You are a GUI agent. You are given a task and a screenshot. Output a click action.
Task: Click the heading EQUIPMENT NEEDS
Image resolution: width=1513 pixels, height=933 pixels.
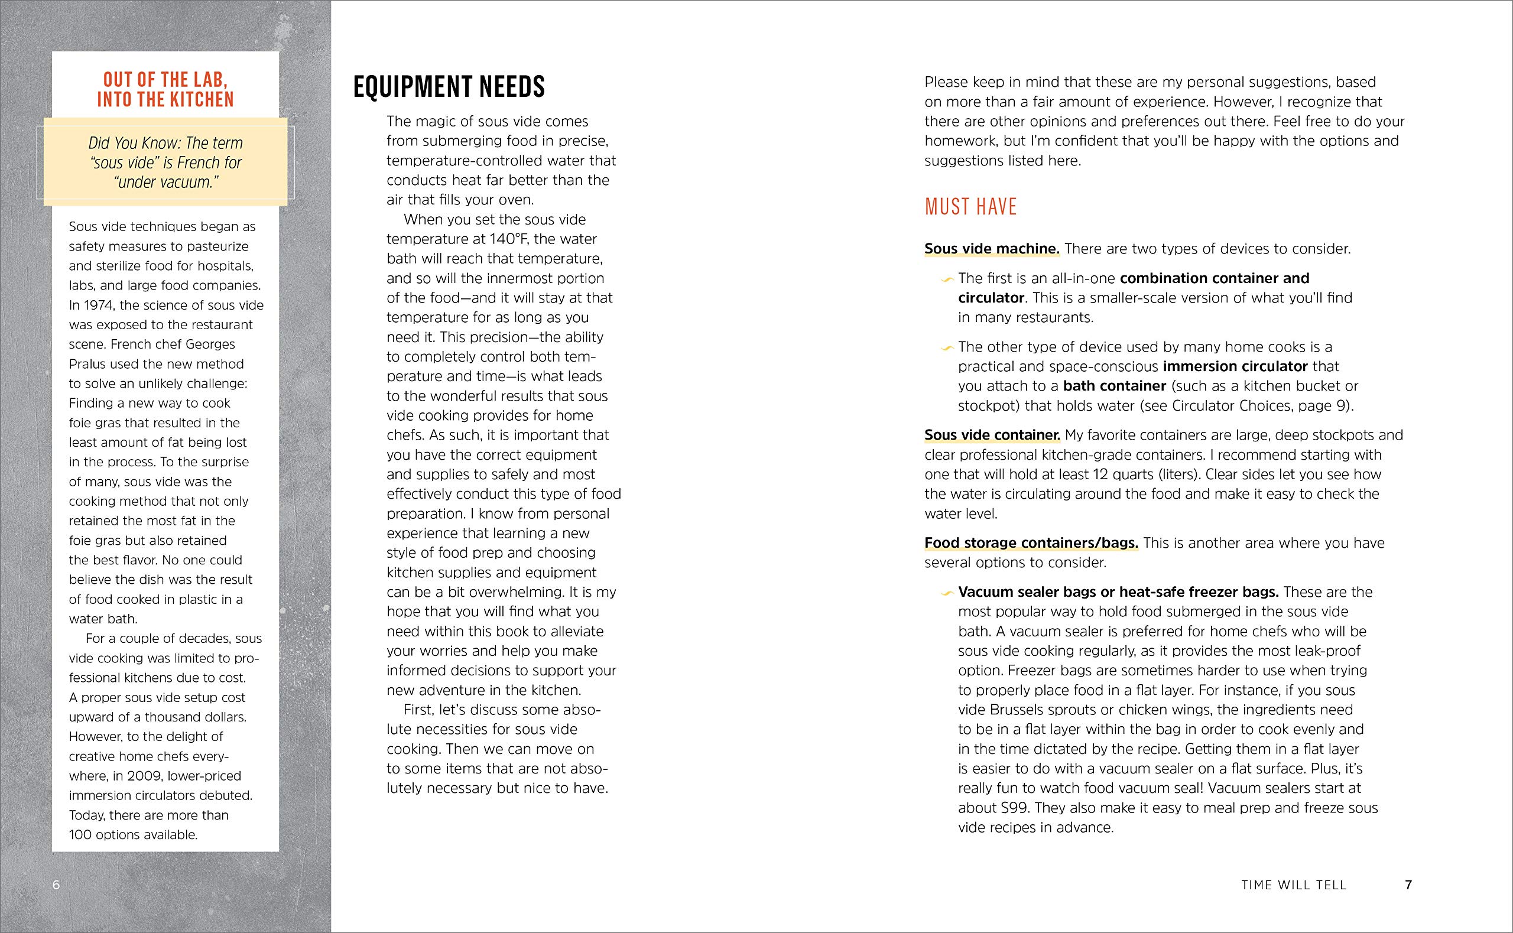click(449, 87)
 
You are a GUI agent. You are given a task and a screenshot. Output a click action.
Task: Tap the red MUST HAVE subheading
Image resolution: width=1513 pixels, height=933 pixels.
click(970, 207)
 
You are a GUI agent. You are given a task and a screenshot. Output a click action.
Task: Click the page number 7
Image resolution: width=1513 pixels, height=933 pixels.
click(1409, 885)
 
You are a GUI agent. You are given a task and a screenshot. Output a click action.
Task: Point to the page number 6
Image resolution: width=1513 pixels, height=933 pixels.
click(56, 885)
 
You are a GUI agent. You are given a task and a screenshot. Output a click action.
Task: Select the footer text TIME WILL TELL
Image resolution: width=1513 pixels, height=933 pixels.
click(1293, 885)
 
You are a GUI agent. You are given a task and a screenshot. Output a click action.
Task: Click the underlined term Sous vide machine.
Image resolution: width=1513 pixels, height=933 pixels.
click(991, 249)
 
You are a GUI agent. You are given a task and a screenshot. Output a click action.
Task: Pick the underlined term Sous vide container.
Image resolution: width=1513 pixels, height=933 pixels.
click(992, 435)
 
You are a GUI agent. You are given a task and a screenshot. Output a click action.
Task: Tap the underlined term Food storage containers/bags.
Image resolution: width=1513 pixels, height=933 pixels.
click(1031, 543)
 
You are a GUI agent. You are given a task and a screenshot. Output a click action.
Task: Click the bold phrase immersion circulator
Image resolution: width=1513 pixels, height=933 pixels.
click(1235, 366)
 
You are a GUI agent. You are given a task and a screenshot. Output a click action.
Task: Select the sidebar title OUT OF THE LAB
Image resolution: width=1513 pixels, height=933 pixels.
click(165, 80)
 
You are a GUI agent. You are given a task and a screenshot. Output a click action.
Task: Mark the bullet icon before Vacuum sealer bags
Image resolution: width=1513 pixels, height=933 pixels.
click(947, 594)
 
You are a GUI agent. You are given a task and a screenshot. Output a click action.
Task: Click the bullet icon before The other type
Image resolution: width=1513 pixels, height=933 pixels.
click(947, 349)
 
